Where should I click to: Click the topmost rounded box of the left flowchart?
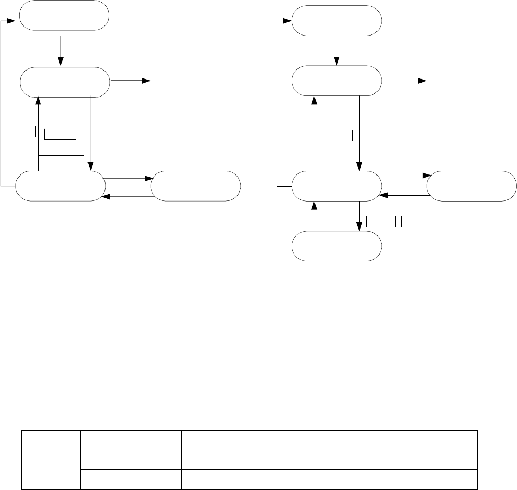pos(64,16)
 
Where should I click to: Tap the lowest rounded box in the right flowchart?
pos(337,246)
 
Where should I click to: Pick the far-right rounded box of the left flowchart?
pos(196,186)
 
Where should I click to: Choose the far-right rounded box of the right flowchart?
pos(471,186)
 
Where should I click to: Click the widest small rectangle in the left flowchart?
pos(62,150)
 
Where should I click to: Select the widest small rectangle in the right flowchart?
pos(424,222)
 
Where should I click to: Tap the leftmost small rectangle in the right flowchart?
pos(296,135)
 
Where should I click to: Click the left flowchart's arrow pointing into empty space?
pos(130,81)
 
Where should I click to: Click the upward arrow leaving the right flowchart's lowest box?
pos(314,216)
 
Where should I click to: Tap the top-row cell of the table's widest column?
pos(329,440)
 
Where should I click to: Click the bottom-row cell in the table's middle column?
pos(130,480)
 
